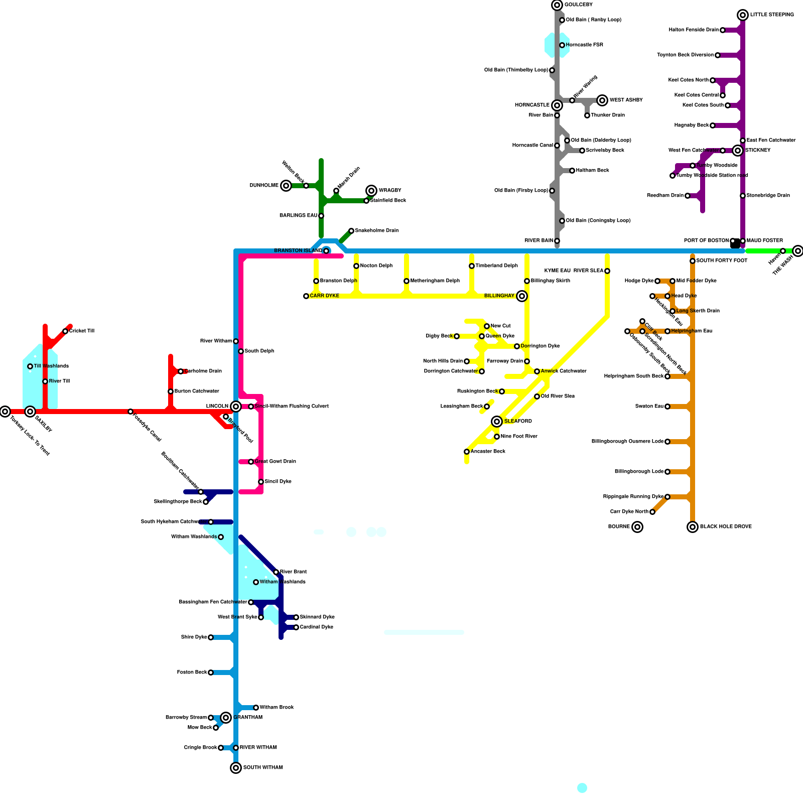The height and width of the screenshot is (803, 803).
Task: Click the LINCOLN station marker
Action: tap(236, 407)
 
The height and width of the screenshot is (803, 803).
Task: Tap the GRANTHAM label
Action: tap(248, 718)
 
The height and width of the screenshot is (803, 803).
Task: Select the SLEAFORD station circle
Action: tap(497, 422)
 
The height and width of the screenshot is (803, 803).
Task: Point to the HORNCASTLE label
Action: tap(532, 105)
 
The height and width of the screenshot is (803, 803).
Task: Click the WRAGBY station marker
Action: tap(371, 191)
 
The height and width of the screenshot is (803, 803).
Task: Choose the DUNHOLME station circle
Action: tap(286, 186)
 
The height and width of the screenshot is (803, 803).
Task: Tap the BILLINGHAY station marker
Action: tap(522, 296)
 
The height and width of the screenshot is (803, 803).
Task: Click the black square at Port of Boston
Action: tap(735, 243)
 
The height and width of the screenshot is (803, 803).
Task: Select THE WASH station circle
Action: tap(798, 251)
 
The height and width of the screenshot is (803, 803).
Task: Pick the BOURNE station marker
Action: tap(637, 527)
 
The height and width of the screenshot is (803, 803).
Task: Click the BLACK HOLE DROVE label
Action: tap(726, 527)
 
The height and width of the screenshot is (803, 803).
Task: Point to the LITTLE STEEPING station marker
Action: tap(743, 15)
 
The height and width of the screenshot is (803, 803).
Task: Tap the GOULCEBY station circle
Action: tap(557, 5)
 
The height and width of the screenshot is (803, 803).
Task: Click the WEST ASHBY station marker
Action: tap(602, 100)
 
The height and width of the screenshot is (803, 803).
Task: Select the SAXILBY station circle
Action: tap(30, 412)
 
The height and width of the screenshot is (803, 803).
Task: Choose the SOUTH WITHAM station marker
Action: tap(236, 768)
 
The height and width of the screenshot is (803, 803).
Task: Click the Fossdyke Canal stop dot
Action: tap(130, 412)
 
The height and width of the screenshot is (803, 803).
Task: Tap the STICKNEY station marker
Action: tap(738, 151)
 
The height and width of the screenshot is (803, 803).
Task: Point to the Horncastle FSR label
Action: tap(584, 45)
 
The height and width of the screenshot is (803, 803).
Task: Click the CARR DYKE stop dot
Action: tap(306, 296)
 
